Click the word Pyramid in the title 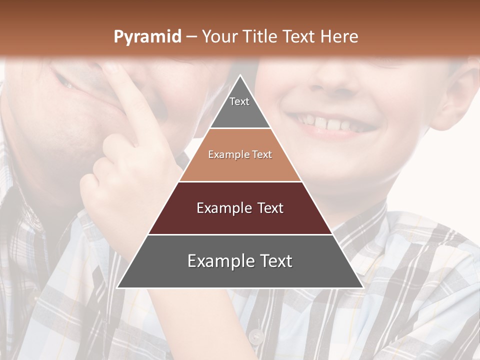pos(147,37)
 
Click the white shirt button pos(256,336)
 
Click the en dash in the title pos(191,37)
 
